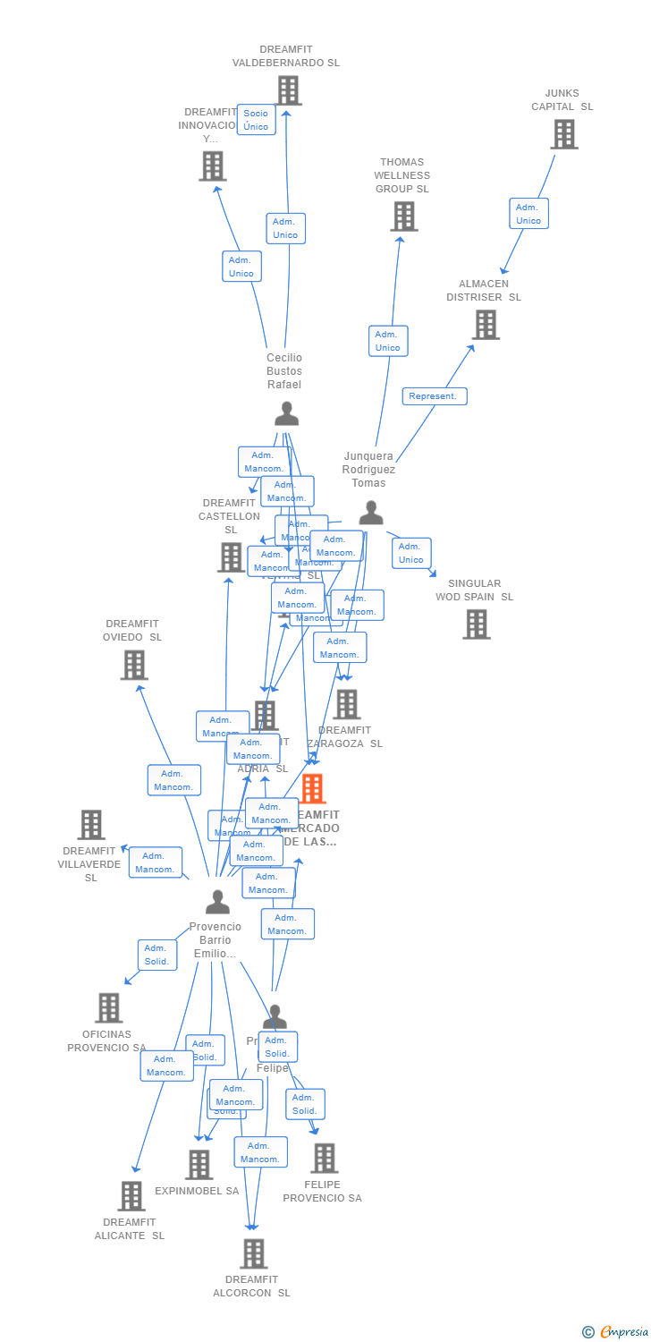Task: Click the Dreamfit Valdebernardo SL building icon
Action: point(288,90)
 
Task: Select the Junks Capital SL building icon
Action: point(563,134)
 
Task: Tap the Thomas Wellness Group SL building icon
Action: point(403,217)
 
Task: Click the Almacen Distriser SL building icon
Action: point(485,325)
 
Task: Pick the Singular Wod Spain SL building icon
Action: point(476,624)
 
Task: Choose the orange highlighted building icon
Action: point(312,789)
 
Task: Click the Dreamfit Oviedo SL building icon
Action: point(133,665)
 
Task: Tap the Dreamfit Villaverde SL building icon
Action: point(91,824)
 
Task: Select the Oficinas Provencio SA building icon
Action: point(108,1007)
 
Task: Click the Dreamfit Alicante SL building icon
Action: point(131,1195)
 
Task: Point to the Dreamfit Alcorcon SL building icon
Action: point(253,1253)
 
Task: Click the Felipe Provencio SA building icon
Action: point(324,1158)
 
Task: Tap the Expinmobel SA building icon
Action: point(199,1164)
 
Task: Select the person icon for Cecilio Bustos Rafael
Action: point(286,413)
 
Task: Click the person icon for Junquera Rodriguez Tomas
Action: point(370,513)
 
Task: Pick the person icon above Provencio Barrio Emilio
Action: point(216,902)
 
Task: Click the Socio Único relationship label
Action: point(256,120)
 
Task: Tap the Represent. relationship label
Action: point(434,395)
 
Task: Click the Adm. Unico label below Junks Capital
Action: point(528,213)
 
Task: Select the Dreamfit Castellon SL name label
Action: point(230,516)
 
